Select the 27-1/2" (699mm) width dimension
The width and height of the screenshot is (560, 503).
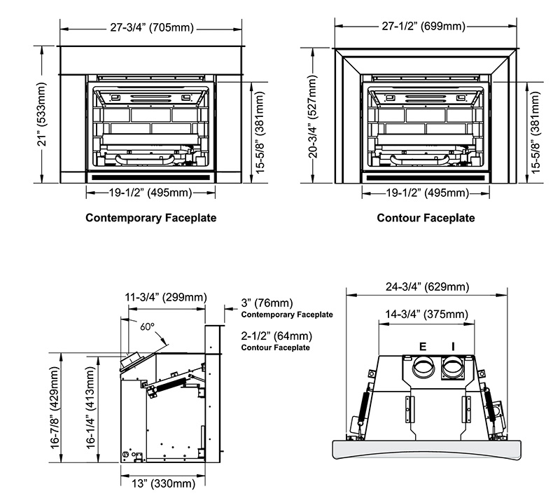(x=429, y=27)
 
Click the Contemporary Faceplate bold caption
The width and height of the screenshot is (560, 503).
(x=150, y=218)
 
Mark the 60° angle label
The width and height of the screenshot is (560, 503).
(x=146, y=326)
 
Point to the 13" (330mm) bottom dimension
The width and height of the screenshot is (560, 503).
(x=163, y=483)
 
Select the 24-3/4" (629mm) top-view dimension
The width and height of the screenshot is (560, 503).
(x=427, y=287)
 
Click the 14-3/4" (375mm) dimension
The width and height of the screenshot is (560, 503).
(x=428, y=315)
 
